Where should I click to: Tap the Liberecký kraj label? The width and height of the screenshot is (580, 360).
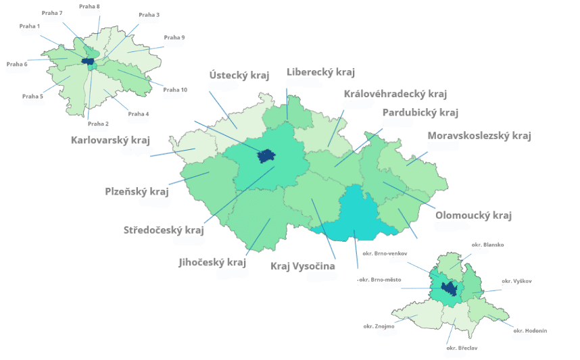(320, 72)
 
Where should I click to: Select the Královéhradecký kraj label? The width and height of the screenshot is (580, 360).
(395, 94)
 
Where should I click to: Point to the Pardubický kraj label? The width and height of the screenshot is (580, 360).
(420, 112)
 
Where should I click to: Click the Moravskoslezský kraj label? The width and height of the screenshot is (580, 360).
(479, 136)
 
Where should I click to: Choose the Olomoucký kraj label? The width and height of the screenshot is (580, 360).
(473, 215)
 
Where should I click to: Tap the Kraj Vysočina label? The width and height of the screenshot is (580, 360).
(302, 266)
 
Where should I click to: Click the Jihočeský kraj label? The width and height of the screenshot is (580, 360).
(212, 262)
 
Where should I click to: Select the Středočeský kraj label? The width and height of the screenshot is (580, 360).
(164, 230)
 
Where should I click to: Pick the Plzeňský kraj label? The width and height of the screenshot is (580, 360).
(137, 191)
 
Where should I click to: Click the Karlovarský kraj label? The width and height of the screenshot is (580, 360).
(110, 140)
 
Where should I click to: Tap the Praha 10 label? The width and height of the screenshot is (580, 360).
(175, 90)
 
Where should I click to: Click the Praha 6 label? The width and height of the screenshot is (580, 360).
(17, 64)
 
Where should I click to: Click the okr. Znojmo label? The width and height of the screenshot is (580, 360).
(379, 326)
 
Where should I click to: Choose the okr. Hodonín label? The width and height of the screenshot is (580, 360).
(530, 330)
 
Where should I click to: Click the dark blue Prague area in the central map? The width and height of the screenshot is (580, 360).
(267, 157)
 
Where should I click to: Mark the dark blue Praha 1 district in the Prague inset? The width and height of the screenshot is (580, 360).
(87, 61)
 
